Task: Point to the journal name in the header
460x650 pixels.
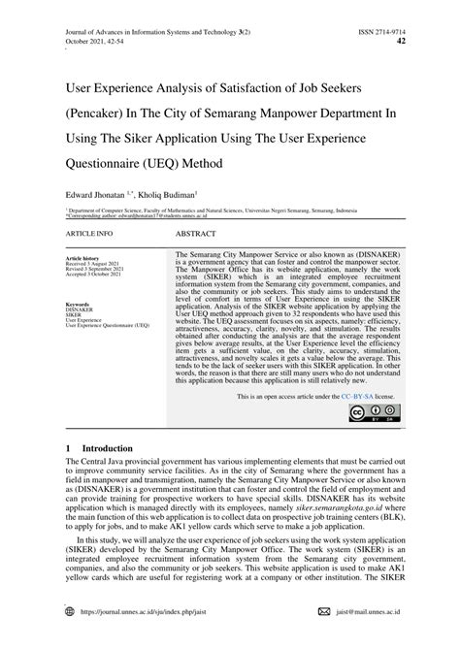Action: (x=154, y=10)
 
